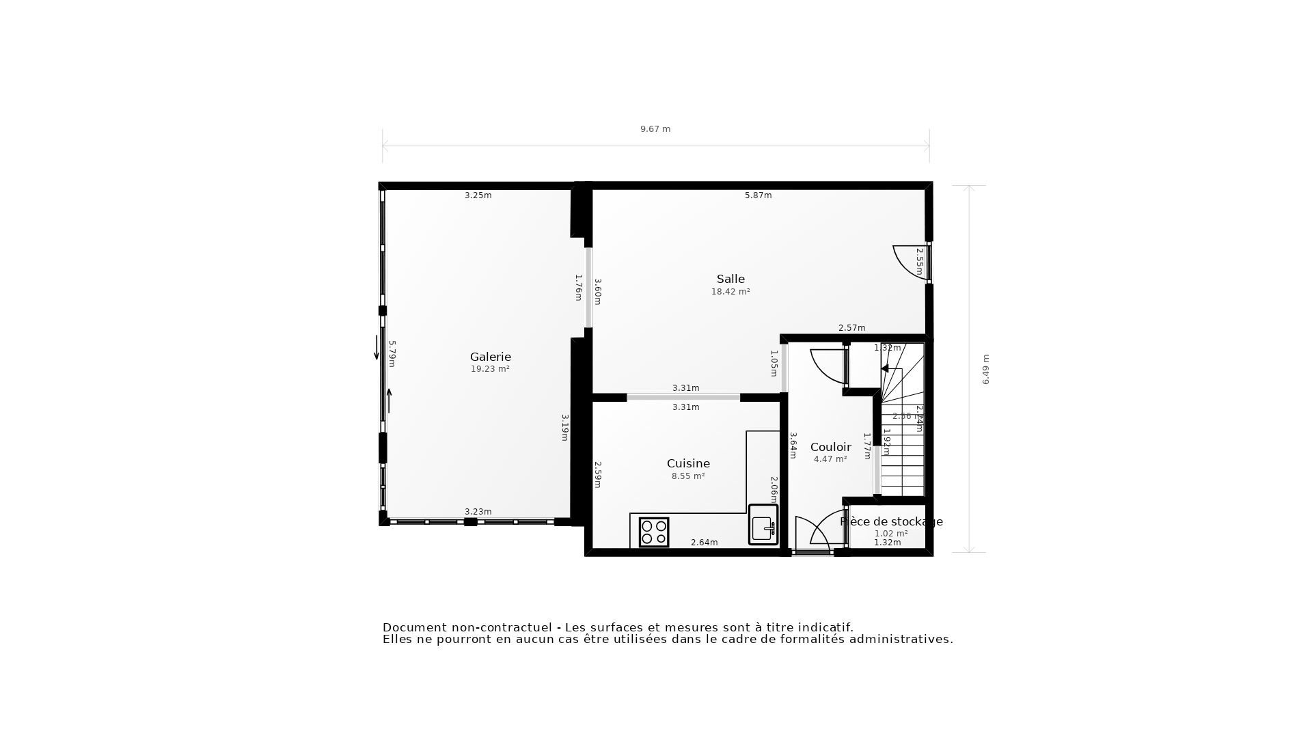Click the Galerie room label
pyautogui.click(x=490, y=357)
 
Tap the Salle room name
pyautogui.click(x=730, y=279)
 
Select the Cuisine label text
pyautogui.click(x=688, y=463)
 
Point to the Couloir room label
pyautogui.click(x=830, y=447)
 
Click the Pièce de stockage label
pyautogui.click(x=891, y=521)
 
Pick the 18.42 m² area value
pyautogui.click(x=730, y=292)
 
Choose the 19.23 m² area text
pyautogui.click(x=490, y=369)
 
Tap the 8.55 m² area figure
pyautogui.click(x=688, y=476)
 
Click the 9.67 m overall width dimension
pyautogui.click(x=655, y=129)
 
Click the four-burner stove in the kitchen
pyautogui.click(x=654, y=532)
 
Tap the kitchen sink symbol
pyautogui.click(x=763, y=525)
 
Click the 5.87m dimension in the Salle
pyautogui.click(x=758, y=195)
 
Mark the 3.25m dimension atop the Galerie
pyautogui.click(x=478, y=195)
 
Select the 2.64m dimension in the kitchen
pyautogui.click(x=704, y=543)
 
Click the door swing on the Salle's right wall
pyautogui.click(x=909, y=262)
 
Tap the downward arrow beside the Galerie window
pyautogui.click(x=377, y=347)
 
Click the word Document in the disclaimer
pyautogui.click(x=414, y=627)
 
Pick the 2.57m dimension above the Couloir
pyautogui.click(x=851, y=328)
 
